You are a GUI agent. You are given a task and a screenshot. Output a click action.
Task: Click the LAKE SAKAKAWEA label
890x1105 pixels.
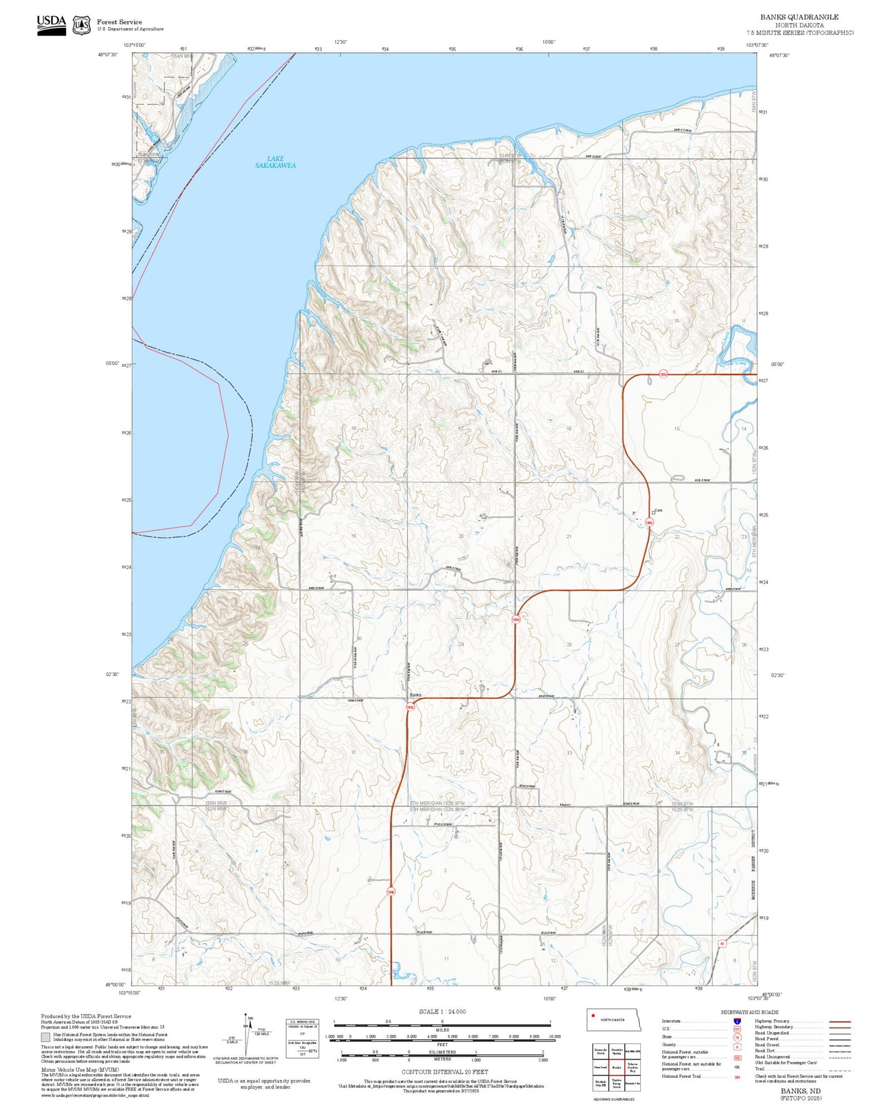275,162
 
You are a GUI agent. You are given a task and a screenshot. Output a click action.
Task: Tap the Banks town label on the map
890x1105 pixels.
415,695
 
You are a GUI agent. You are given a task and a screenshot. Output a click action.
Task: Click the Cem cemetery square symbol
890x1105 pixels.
653,512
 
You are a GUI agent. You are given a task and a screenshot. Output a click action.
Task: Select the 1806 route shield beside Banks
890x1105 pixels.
410,707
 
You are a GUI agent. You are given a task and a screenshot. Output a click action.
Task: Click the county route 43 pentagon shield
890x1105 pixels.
722,944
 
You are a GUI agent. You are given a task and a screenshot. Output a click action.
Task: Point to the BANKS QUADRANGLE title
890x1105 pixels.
799,17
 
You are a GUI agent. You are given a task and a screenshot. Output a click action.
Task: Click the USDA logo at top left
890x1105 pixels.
52,25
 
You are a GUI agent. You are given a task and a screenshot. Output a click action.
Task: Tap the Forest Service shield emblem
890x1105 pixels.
81,25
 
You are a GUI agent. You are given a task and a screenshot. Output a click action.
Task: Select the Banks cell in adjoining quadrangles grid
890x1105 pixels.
616,1067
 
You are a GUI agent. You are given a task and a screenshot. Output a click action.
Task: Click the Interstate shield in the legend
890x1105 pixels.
736,1021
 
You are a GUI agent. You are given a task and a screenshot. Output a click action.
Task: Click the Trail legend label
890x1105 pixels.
759,1069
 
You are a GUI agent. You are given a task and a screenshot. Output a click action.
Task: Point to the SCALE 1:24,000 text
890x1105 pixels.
442,1011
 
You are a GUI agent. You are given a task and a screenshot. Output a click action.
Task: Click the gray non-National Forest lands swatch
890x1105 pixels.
46,1037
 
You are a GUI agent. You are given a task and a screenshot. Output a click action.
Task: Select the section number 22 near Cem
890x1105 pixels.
677,536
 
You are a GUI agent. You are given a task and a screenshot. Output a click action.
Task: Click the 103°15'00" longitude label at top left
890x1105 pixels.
135,45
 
